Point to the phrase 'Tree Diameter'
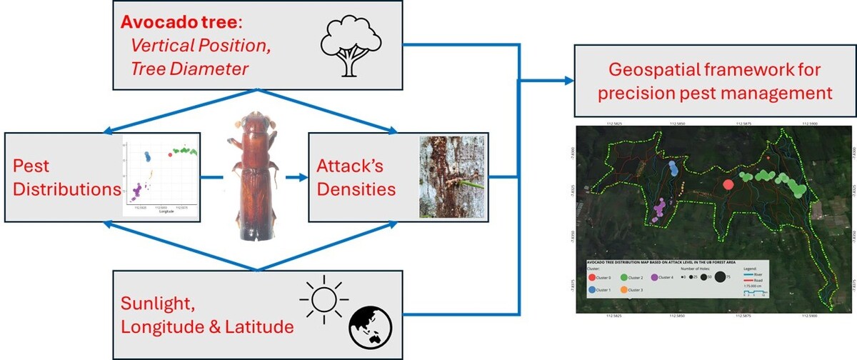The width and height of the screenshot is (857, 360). click(189, 69)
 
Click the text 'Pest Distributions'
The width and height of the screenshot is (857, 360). click(64, 177)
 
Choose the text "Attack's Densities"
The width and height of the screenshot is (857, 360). click(356, 177)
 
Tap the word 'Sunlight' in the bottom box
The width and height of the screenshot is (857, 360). click(158, 304)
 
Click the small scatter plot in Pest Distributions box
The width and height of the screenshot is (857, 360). click(161, 175)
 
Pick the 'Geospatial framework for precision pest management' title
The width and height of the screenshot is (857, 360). click(715, 81)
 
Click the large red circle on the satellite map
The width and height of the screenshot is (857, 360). click(728, 184)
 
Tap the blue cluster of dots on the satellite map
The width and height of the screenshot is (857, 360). click(673, 169)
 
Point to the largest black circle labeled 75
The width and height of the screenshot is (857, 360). click(719, 276)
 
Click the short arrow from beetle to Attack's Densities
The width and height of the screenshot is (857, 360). click(293, 177)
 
